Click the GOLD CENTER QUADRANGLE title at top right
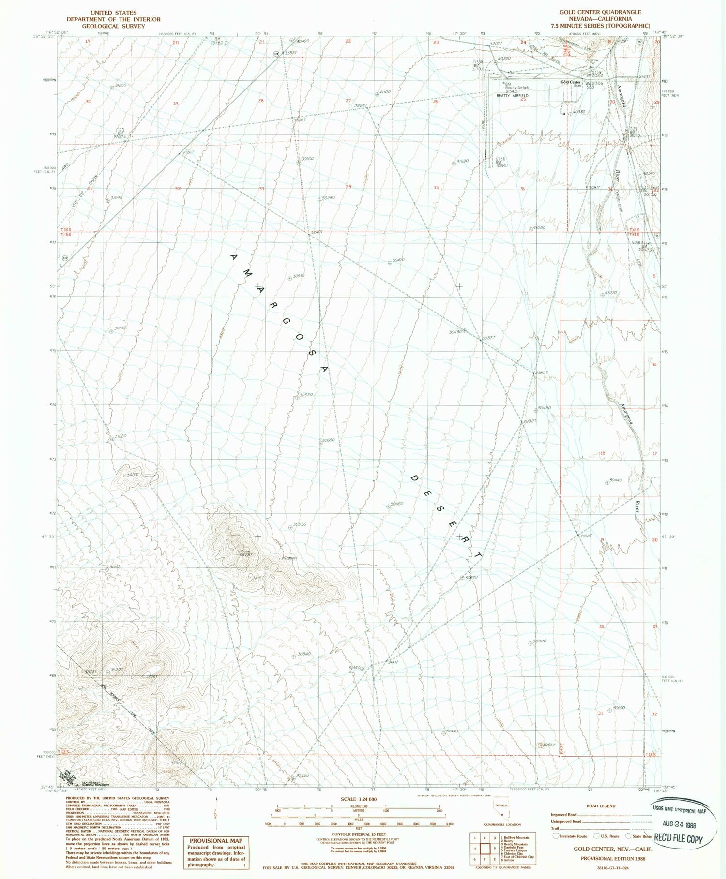click(x=600, y=12)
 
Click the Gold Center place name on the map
click(x=571, y=82)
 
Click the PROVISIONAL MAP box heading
click(x=216, y=840)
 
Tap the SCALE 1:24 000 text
click(x=359, y=799)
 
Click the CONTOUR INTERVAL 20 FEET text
click(x=359, y=834)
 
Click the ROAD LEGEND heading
click(x=601, y=806)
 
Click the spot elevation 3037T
click(x=489, y=338)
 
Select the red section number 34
click(x=348, y=186)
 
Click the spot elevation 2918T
click(x=585, y=536)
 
